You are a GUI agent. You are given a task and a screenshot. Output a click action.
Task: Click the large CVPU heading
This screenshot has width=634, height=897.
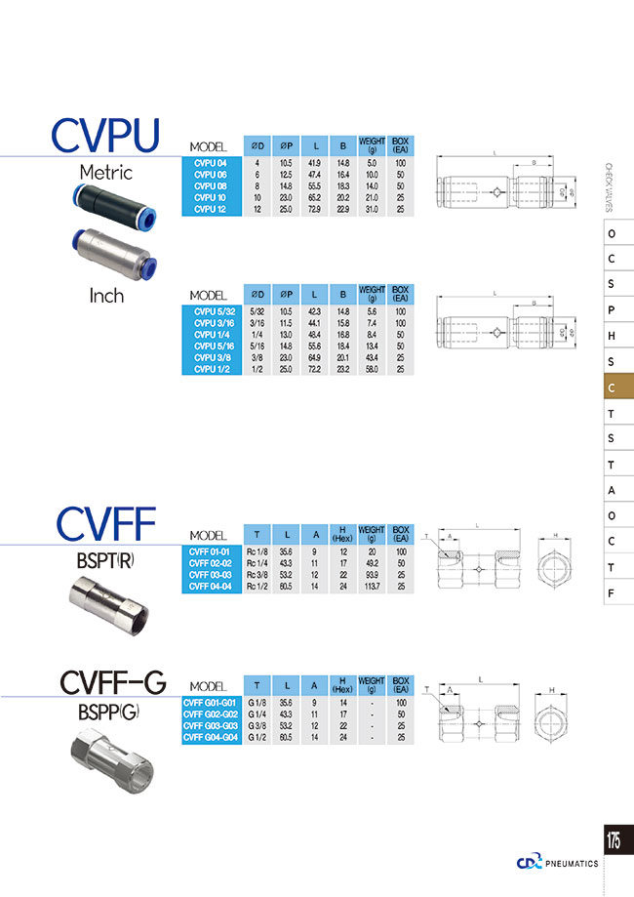coord(105,138)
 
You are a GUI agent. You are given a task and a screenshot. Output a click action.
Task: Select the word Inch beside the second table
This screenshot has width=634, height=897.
coord(106,295)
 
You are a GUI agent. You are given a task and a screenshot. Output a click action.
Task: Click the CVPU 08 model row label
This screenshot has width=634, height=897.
coord(211,184)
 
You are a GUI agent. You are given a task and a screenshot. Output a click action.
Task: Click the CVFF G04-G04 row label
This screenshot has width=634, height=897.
coord(211,738)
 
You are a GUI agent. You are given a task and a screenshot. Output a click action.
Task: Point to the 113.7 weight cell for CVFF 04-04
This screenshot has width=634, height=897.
coord(372,587)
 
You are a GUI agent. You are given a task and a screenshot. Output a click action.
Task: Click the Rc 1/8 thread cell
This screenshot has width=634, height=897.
coord(258,551)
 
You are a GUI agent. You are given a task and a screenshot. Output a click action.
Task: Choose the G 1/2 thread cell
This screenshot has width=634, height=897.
coord(258,738)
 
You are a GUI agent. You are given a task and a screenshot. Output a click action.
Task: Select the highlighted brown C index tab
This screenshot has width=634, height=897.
coord(611,387)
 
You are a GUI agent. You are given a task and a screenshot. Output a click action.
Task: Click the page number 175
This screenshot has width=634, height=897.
coord(614,839)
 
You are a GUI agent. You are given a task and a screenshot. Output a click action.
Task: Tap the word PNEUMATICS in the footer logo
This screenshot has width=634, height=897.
coord(573,863)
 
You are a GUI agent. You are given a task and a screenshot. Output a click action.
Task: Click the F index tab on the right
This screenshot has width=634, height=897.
coord(611,591)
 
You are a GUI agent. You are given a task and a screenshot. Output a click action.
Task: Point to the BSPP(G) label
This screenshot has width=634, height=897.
coord(108,712)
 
